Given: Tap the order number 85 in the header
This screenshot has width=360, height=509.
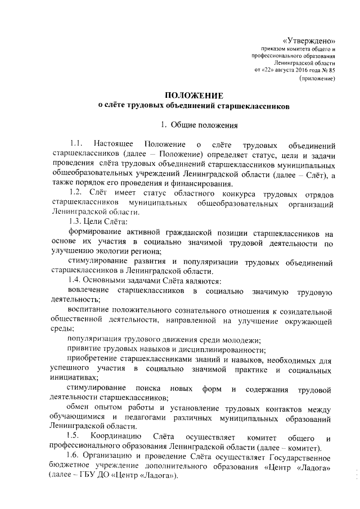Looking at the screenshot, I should (x=332, y=71).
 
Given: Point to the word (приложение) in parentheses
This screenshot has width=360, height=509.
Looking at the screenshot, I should (x=317, y=79).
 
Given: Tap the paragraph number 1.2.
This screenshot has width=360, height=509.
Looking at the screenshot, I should (x=75, y=194).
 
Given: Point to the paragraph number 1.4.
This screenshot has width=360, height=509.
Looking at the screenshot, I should (x=75, y=280).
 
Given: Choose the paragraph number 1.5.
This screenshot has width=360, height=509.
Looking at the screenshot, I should (x=72, y=437).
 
